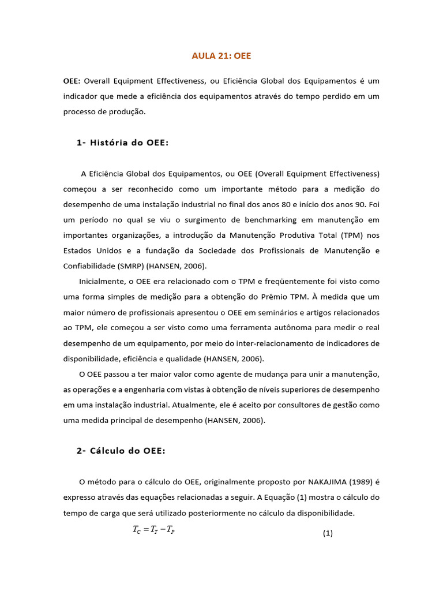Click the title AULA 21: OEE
[221, 56]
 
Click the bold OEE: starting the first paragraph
[72, 81]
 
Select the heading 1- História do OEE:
[122, 143]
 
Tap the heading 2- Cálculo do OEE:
[121, 451]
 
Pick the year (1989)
[362, 482]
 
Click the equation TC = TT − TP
[154, 531]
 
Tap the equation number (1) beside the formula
[328, 534]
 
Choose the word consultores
[305, 405]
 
